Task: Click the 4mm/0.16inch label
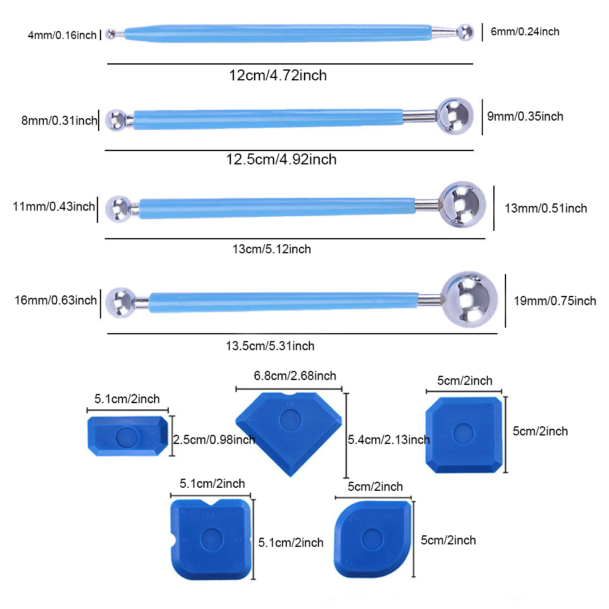point(62,35)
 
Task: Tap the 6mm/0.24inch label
point(525,32)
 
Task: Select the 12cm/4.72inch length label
point(278,76)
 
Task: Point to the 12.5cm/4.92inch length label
point(281,160)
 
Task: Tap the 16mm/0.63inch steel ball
point(121,301)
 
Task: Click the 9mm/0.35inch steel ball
point(455,116)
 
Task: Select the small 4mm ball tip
point(111,34)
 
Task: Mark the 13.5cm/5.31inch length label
point(270,346)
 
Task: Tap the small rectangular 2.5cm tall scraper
point(127,435)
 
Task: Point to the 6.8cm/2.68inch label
point(295,376)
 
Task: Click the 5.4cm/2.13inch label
point(389,439)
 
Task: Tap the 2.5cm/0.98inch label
point(214,439)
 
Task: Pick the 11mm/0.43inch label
point(54,206)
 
